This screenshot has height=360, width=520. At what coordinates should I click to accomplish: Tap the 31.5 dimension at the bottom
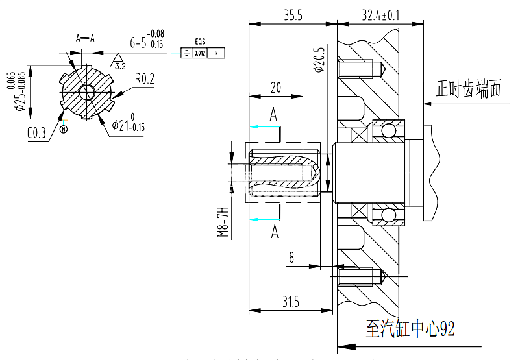[290, 302]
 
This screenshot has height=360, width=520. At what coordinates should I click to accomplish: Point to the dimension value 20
[275, 88]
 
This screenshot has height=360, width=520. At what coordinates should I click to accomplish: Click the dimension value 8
[291, 258]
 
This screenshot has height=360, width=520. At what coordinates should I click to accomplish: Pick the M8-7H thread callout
[223, 223]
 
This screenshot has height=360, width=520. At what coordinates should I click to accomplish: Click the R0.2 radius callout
[145, 78]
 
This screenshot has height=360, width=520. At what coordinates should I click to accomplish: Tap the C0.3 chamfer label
[37, 134]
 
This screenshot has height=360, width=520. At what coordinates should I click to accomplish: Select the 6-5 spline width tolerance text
[147, 42]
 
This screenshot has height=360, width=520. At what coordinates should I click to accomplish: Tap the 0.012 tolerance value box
[200, 53]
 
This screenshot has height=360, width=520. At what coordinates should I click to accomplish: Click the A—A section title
[85, 38]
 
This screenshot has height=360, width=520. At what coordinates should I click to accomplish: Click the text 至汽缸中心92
[410, 328]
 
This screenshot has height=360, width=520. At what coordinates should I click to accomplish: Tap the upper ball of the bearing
[388, 132]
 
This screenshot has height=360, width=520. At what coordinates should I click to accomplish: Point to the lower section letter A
[275, 231]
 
